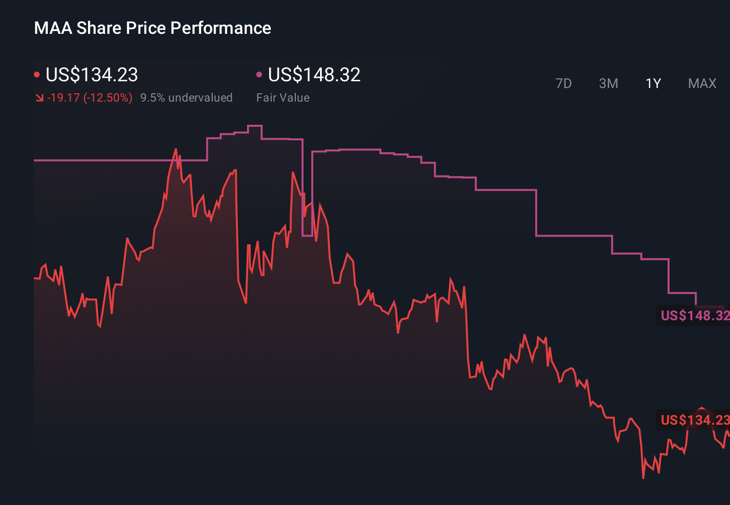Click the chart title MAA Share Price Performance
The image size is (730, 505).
click(x=152, y=28)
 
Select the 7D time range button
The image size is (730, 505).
click(x=563, y=84)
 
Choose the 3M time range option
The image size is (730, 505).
click(x=608, y=84)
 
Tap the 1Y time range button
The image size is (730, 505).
click(x=653, y=84)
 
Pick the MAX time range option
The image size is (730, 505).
click(x=702, y=84)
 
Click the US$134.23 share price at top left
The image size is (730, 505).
click(x=92, y=75)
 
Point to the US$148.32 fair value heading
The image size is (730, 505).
click(x=314, y=75)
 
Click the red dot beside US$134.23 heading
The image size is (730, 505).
click(x=37, y=75)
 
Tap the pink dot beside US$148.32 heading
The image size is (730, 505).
click(x=259, y=75)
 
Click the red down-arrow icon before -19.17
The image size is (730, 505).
click(x=39, y=98)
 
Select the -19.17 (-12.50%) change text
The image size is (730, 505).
click(x=90, y=98)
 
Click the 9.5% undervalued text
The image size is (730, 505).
click(x=186, y=98)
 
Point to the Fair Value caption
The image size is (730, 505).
click(x=283, y=98)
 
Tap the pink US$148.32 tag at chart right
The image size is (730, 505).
click(x=694, y=315)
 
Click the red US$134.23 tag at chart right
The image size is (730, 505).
click(x=694, y=420)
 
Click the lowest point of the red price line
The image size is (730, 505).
click(x=643, y=478)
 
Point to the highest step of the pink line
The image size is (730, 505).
click(x=255, y=126)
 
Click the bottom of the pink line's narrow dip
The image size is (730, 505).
click(x=307, y=236)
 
